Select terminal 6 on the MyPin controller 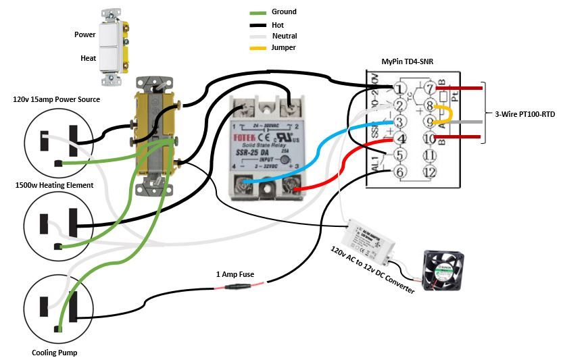tap(399, 172)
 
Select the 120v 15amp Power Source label tap(57, 100)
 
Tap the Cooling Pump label tap(53, 353)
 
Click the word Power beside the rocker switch tap(86, 34)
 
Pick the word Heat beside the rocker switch tap(89, 59)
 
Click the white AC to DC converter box tap(373, 237)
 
